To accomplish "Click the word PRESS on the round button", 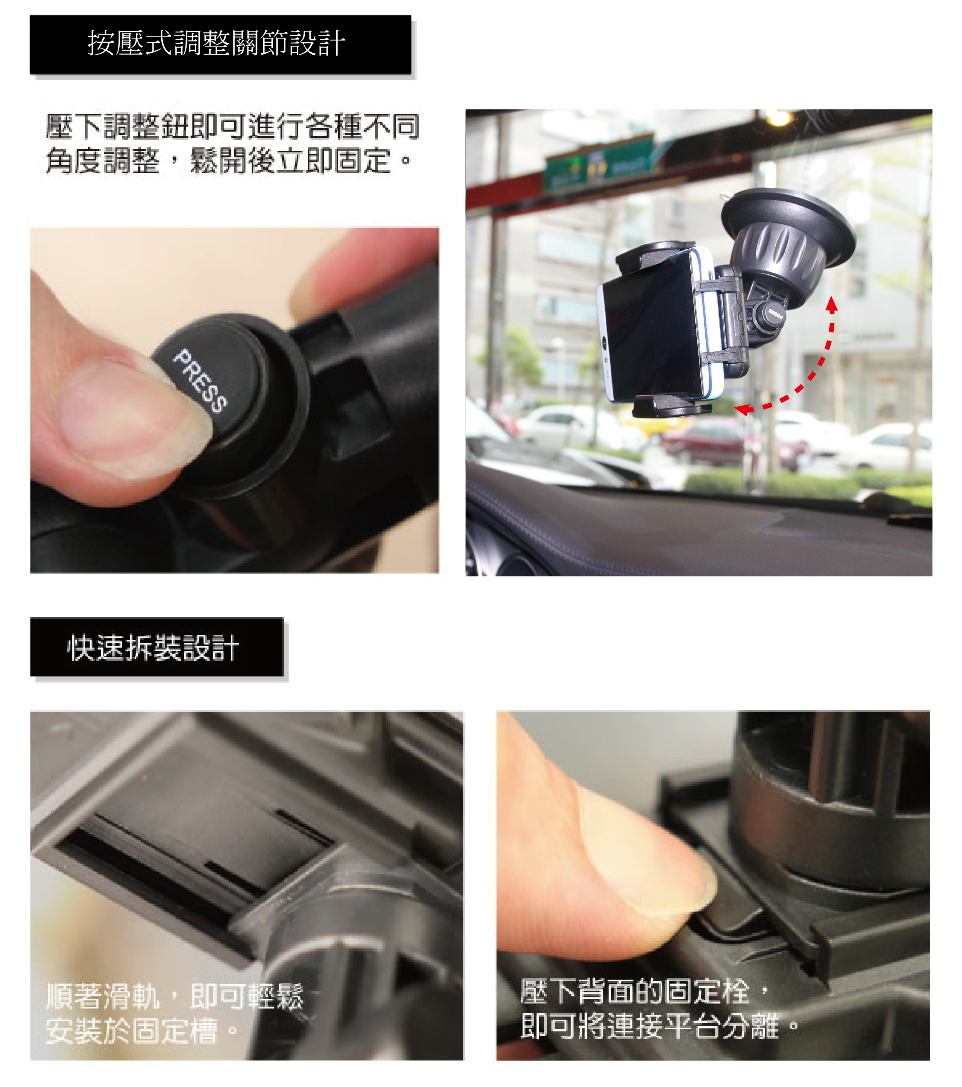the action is click(200, 381).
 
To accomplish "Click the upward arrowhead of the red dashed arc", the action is click(832, 304).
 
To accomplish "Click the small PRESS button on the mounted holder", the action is click(774, 313).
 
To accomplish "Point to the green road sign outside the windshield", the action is click(598, 163).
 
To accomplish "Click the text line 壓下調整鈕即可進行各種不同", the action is click(233, 126).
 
